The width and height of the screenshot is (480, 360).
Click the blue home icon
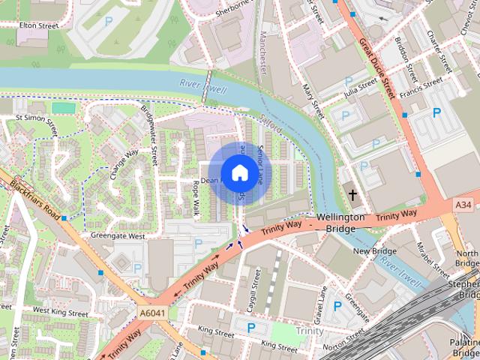pos(238,172)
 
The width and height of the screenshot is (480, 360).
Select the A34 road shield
pos(464,205)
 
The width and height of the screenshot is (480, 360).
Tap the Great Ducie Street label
pos(376,67)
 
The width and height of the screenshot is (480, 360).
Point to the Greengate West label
pos(118,235)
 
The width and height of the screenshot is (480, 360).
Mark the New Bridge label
pos(374,251)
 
